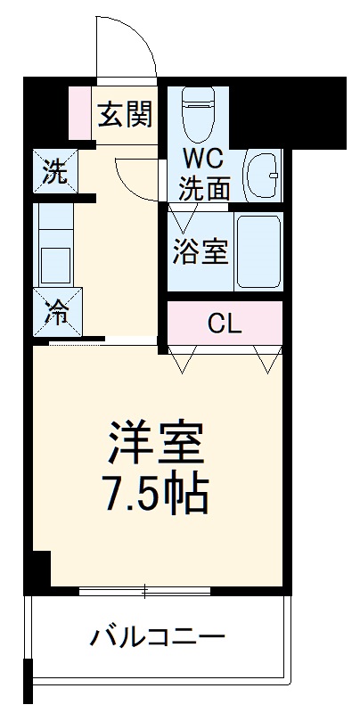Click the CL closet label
coord(225,323)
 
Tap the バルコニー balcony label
coord(158,638)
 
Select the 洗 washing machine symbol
coord(55,172)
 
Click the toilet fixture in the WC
coord(199,111)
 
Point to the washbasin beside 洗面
coord(262,173)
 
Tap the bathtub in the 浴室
coord(258,252)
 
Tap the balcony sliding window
coord(144,590)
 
